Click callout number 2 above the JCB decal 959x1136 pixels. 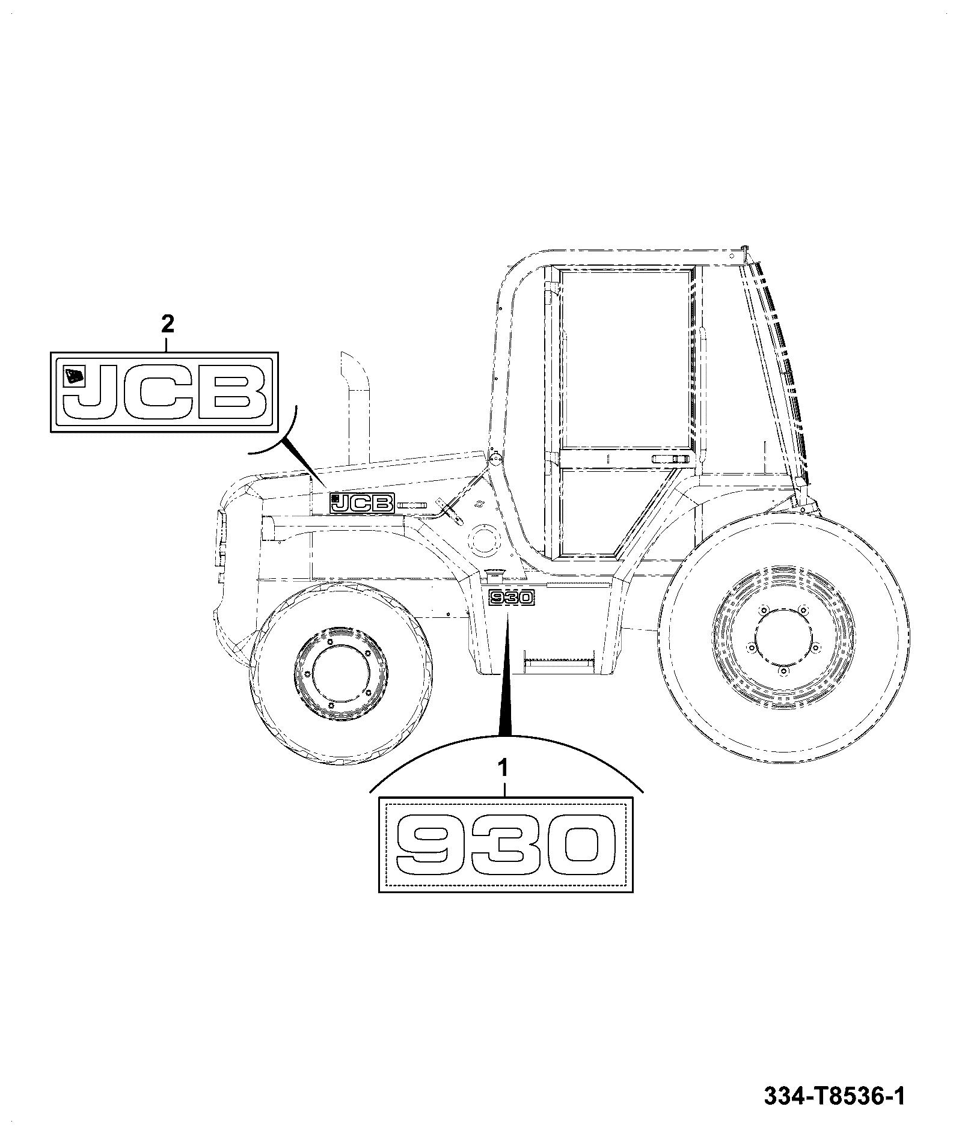[x=168, y=325]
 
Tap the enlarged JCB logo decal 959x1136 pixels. [x=164, y=391]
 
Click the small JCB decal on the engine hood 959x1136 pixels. [x=361, y=502]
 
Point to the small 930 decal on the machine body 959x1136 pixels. [x=511, y=598]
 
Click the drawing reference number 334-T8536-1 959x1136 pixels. [x=834, y=1097]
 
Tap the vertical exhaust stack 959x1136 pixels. [x=357, y=409]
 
